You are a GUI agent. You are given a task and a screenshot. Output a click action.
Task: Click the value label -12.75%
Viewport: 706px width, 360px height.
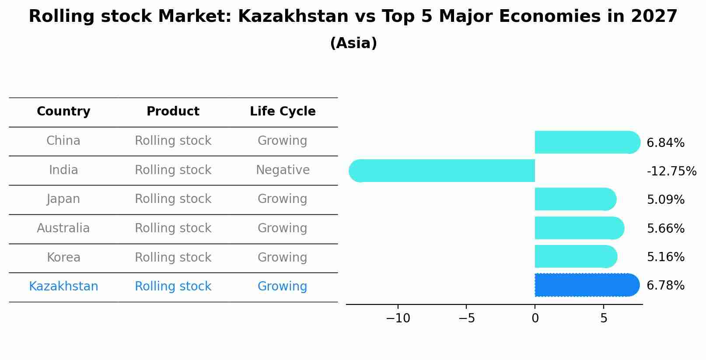coord(671,171)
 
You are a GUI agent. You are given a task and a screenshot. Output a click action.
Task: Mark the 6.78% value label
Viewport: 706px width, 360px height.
coord(665,286)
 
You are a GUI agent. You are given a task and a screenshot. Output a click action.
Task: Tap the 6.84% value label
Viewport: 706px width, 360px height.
coord(665,143)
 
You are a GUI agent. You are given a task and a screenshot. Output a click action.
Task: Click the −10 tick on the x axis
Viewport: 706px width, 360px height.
coord(398,318)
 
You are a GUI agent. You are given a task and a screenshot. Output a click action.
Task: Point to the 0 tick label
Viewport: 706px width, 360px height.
coord(535,318)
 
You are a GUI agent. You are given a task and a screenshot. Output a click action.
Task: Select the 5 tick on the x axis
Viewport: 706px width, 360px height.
coord(604,318)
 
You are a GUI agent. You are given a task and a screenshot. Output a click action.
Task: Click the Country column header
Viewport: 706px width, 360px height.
coord(63,112)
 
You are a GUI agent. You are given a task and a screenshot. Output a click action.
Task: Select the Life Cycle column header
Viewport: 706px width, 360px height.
coord(283,112)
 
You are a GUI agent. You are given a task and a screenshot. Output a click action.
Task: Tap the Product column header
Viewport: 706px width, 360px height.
coord(173,112)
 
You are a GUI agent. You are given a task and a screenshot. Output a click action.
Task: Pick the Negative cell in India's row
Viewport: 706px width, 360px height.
coord(283,170)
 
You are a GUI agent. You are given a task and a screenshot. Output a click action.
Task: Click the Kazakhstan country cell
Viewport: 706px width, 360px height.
coord(63,287)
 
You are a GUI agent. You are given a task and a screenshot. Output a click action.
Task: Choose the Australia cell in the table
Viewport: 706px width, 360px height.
coord(63,228)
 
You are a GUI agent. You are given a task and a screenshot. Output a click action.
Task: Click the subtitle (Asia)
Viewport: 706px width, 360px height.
coord(353,43)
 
